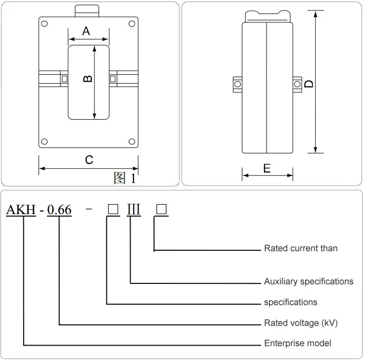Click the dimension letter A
pos(86,31)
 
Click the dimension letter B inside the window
pos(88,79)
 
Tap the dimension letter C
pos(89,160)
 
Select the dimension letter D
pos(309,84)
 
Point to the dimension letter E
pos(267,169)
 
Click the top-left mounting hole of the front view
pos(45,24)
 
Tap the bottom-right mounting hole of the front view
pos(132,141)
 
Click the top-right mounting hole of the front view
pos(132,24)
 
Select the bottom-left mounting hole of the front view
pos(45,141)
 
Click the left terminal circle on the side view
pos(237,84)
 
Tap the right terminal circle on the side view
pos(297,84)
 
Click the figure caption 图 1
pos(125,178)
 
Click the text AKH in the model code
pos(21,210)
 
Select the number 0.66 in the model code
pos(59,210)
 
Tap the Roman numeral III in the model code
pos(134,209)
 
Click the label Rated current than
pos(301,248)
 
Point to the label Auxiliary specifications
pos(309,281)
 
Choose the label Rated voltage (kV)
pos(301,323)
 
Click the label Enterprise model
pos(298,343)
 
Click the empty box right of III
pos(161,209)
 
